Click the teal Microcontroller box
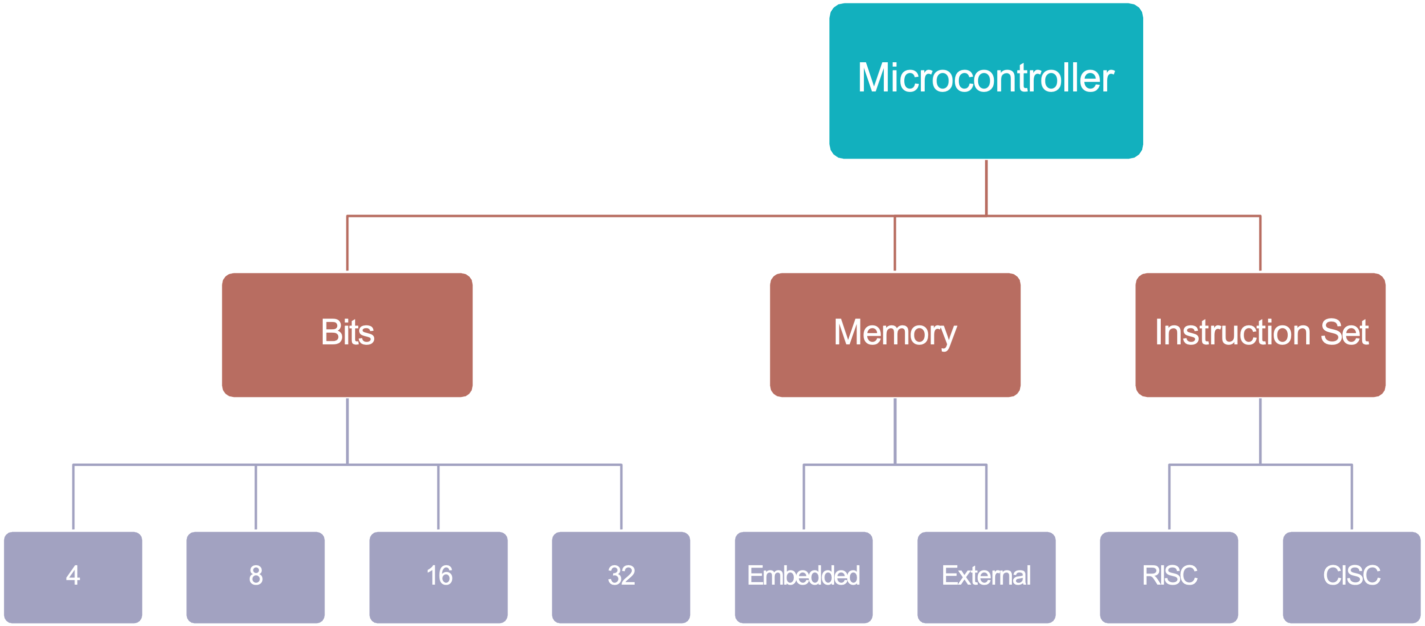click(986, 81)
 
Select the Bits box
click(347, 334)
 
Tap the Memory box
click(895, 334)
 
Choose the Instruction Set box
click(1260, 334)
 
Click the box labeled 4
click(73, 576)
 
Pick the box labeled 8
click(256, 576)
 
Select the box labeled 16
click(438, 576)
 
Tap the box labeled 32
click(621, 576)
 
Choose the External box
click(987, 576)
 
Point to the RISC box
click(1169, 576)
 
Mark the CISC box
click(1352, 576)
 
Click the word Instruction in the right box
click(1233, 332)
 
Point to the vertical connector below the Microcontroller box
click(987, 188)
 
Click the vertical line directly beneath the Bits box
click(347, 431)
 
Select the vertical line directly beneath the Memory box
click(895, 431)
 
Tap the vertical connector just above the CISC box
click(1352, 498)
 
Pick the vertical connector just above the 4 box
click(73, 498)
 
